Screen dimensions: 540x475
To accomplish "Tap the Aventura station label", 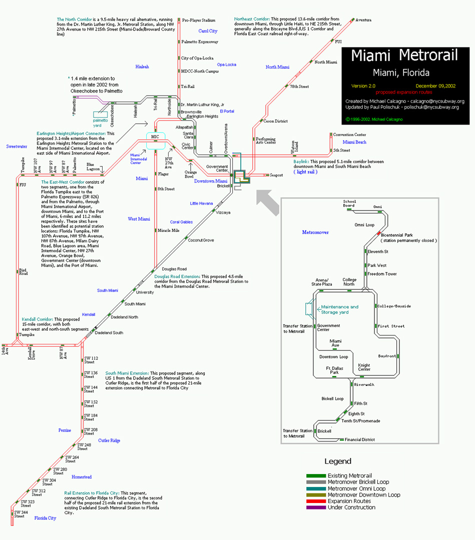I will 363,20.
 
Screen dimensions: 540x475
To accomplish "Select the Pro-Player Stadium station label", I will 199,20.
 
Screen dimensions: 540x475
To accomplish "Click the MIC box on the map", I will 155,136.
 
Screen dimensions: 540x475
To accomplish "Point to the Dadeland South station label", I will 109,332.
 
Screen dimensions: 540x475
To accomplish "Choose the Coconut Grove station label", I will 201,240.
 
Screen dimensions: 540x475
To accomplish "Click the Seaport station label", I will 276,175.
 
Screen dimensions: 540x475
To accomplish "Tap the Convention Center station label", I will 349,135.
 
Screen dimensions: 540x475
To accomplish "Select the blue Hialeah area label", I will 142,66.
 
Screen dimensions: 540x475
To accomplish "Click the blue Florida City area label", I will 45,518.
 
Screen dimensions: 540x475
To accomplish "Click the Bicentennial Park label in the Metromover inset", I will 397,235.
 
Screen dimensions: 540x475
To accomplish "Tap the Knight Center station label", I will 364,367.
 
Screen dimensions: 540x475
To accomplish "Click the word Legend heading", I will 338,461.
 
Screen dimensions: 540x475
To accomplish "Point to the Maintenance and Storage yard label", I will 339,309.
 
